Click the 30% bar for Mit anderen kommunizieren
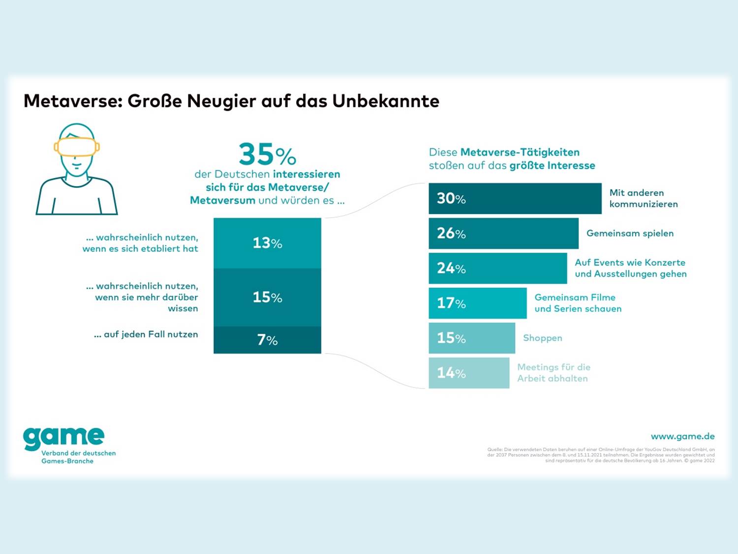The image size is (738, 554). (515, 198)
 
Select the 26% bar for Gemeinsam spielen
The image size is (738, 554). (503, 233)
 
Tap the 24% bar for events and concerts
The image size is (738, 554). (497, 268)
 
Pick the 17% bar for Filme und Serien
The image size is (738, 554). (477, 303)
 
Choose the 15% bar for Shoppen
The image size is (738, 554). (471, 338)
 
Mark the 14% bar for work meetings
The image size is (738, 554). (468, 373)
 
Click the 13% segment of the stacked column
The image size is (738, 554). (267, 243)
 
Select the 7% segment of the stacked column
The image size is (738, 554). (267, 340)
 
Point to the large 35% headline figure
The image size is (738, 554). (267, 154)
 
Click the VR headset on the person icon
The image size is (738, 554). (77, 147)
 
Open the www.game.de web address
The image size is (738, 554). (682, 436)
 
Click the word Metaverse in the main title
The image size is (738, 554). (72, 101)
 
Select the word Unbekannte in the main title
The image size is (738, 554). (386, 101)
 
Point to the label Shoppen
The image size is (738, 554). (542, 338)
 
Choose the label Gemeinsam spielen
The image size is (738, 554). (630, 233)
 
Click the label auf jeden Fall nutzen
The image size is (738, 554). (146, 334)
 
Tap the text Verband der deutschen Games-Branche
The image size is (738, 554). (78, 457)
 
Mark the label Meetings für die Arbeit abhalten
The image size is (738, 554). (553, 373)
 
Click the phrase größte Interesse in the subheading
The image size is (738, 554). (552, 165)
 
